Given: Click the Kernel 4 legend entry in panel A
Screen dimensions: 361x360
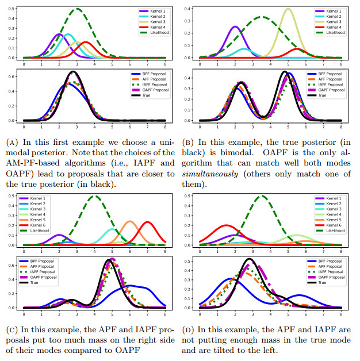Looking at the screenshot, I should click(153, 26).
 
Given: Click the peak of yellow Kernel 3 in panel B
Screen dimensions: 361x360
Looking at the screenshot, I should click(288, 9).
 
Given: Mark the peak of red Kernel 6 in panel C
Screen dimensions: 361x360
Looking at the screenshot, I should click(148, 222).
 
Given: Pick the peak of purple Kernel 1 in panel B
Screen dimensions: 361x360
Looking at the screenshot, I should click(235, 26).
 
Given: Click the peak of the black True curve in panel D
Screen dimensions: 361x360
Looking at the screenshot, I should click(250, 259).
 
